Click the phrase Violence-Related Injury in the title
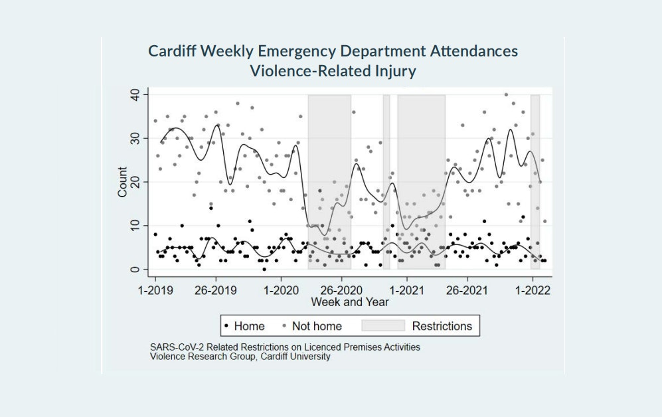point(333,71)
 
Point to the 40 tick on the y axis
point(134,95)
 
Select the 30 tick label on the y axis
point(134,139)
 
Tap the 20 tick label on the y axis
point(134,182)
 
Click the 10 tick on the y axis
point(134,226)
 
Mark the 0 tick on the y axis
point(134,270)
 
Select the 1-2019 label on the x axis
point(155,291)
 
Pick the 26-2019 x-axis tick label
point(216,291)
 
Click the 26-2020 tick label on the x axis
point(341,291)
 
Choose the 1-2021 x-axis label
point(406,291)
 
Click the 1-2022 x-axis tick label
point(531,291)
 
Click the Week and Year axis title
point(350,302)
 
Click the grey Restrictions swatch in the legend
point(382,326)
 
